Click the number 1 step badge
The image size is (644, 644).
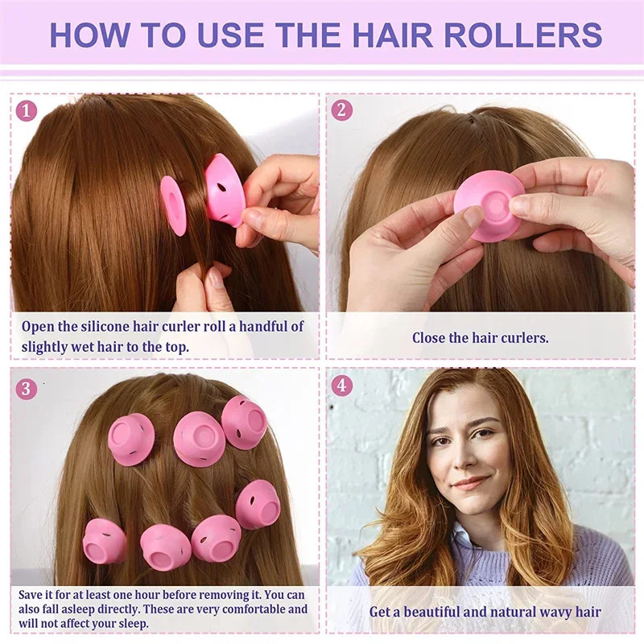27,110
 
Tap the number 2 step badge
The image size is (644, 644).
342,110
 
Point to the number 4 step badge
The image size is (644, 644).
342,386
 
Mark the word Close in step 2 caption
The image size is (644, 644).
431,338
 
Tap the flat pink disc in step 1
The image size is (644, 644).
173,205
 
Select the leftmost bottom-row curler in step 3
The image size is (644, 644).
104,540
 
